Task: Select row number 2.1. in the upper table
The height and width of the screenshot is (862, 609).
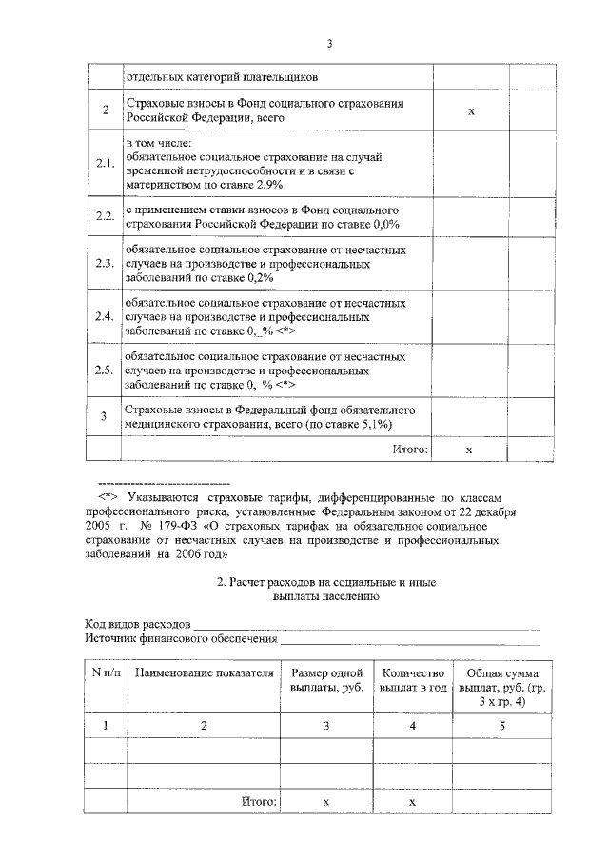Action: point(105,164)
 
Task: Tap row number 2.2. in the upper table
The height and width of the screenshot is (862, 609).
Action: point(105,216)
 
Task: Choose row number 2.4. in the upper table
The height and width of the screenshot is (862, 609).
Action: point(105,316)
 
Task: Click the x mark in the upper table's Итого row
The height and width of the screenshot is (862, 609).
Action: point(470,448)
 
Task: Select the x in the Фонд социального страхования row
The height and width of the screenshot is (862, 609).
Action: point(470,111)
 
